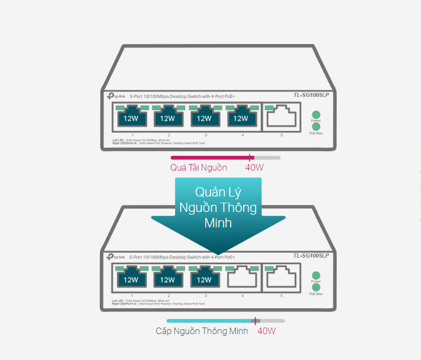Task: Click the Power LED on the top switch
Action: click(x=316, y=114)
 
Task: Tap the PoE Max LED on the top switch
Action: click(x=316, y=126)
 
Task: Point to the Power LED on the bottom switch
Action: click(x=316, y=275)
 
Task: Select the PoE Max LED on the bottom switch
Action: click(x=316, y=287)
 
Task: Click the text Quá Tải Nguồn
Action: click(x=198, y=168)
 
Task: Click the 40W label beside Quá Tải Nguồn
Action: click(x=255, y=168)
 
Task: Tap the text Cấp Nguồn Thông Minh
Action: click(x=202, y=331)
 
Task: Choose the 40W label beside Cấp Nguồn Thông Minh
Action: click(x=266, y=331)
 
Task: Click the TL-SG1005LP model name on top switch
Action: click(x=311, y=95)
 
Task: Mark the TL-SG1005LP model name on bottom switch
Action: click(x=311, y=255)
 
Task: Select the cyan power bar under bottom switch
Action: click(x=209, y=320)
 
